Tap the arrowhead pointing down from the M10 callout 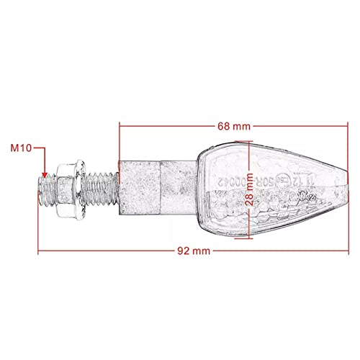point(45,174)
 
